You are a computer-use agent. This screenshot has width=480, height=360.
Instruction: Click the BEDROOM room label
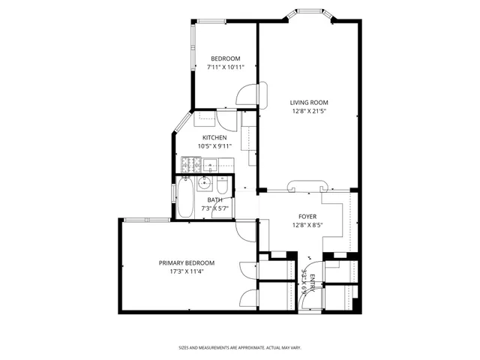(225, 58)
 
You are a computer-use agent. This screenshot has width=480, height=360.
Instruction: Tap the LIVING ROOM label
(310, 103)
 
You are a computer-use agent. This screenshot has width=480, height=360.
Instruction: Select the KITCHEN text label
(214, 138)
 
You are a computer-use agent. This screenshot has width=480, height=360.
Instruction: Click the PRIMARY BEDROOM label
(186, 262)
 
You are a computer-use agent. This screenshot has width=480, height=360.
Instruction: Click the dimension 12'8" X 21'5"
(310, 111)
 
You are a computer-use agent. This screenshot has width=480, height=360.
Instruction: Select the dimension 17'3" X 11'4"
(186, 271)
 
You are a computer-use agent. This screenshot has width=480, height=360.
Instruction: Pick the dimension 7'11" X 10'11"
(225, 67)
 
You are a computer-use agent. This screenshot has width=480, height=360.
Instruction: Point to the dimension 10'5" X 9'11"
(214, 146)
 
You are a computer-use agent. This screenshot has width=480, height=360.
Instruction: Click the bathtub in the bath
(185, 199)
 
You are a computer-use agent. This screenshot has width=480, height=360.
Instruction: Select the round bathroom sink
(204, 182)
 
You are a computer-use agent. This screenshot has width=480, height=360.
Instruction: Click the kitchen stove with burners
(189, 164)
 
